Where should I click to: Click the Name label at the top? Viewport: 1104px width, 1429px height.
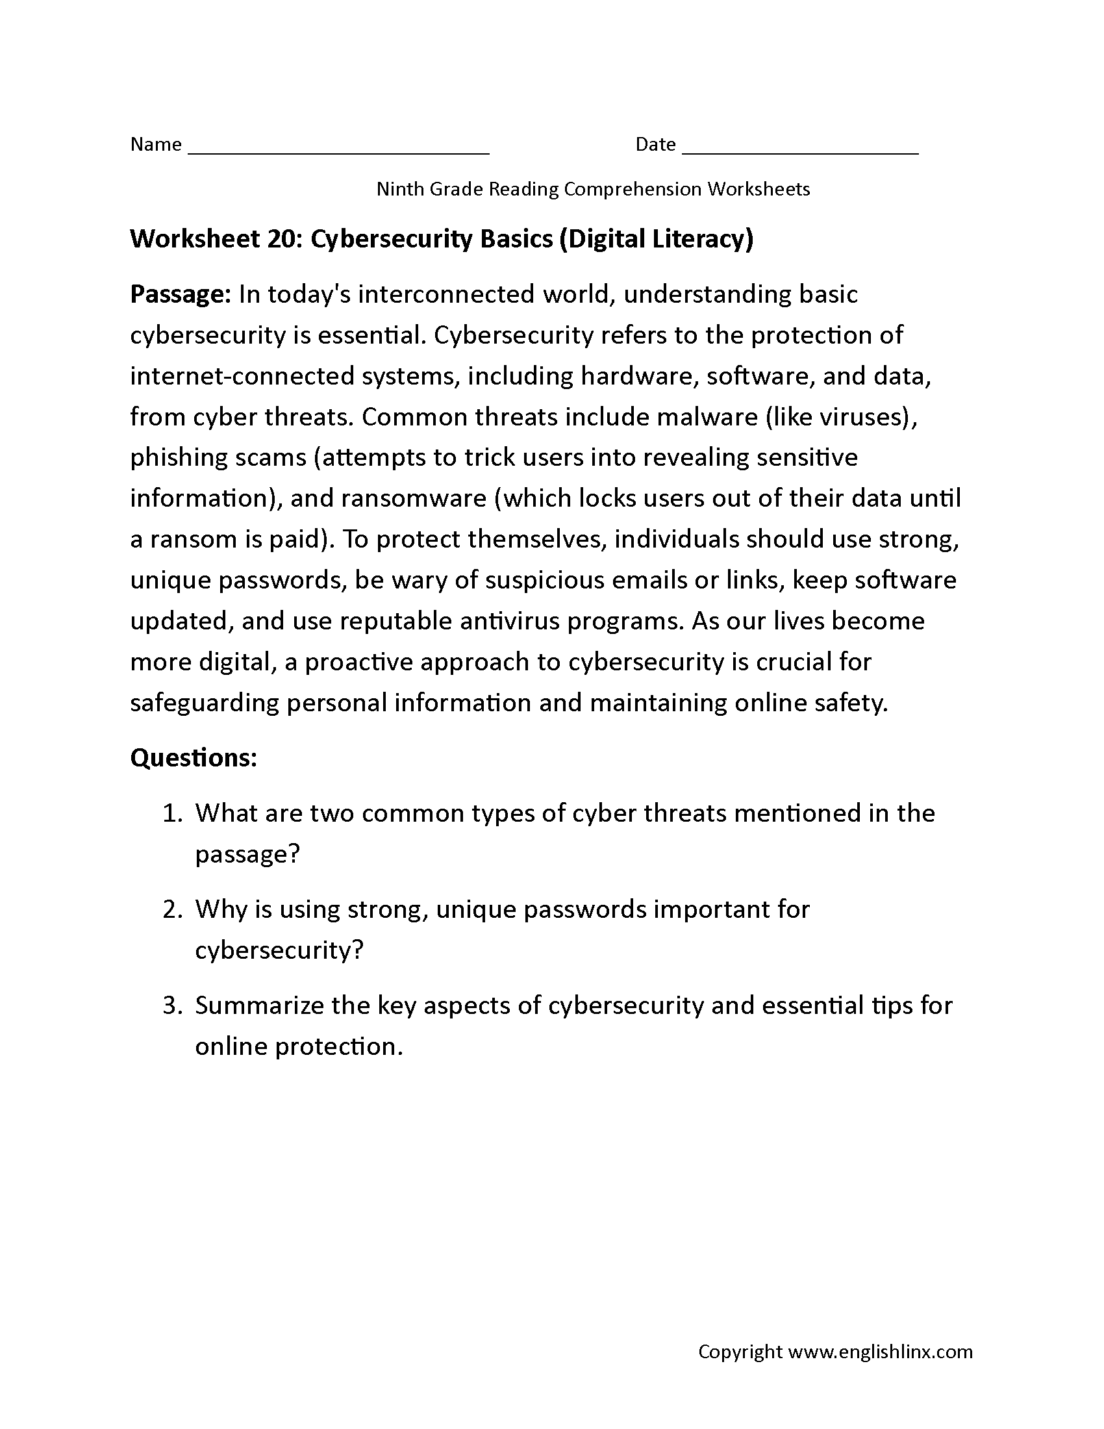click(156, 144)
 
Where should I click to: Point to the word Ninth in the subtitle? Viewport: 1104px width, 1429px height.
click(399, 189)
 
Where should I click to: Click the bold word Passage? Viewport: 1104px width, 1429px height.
click(181, 294)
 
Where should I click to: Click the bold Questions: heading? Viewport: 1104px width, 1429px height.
click(194, 757)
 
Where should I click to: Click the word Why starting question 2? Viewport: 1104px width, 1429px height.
click(220, 909)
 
